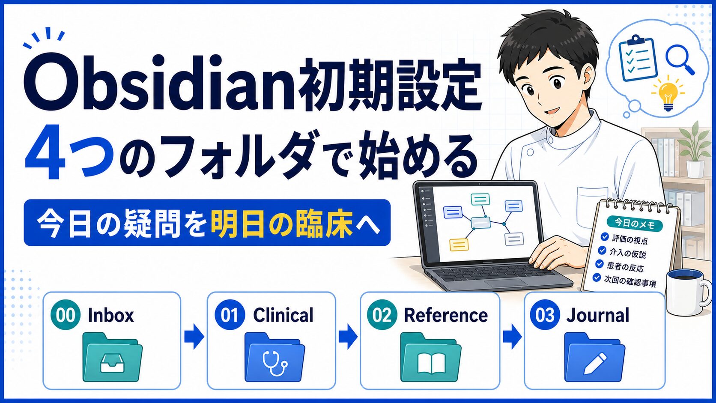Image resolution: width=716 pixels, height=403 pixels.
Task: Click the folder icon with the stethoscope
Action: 274,357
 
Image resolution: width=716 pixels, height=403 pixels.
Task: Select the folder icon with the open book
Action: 431,357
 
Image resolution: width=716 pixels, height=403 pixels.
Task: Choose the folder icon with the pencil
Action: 594,357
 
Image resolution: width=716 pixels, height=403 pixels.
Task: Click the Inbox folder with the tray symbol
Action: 113,357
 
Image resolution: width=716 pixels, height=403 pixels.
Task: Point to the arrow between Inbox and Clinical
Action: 194,337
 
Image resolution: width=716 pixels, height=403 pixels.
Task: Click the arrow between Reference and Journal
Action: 512,337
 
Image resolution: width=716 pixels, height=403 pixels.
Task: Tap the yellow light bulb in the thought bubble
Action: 668,93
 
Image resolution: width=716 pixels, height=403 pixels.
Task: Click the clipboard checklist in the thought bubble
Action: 637,58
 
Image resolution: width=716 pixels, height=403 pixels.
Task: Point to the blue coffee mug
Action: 688,293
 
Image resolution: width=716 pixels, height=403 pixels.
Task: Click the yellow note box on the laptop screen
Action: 459,245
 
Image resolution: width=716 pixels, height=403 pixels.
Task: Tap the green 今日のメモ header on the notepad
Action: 635,224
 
